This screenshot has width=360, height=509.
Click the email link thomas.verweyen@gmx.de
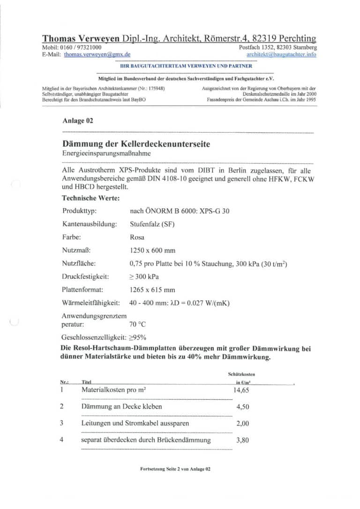pos(97,54)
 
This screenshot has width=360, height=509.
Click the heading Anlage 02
pos(77,120)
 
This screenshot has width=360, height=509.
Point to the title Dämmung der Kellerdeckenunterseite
pos(136,144)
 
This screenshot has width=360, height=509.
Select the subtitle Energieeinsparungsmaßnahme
pos(107,153)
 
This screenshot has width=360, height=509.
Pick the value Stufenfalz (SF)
pos(152,224)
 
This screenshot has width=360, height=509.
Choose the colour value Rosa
pos(137,237)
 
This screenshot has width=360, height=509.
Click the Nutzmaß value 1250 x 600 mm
pos(152,250)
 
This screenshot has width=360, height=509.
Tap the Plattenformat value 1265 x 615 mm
pos(152,290)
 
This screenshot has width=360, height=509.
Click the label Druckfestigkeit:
pos(85,277)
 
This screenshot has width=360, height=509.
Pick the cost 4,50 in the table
pos(242,407)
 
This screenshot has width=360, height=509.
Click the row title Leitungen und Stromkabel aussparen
pos(135,423)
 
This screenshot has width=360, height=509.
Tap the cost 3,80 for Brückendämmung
pos(242,440)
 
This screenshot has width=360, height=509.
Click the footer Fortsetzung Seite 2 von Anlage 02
pos(175,469)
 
